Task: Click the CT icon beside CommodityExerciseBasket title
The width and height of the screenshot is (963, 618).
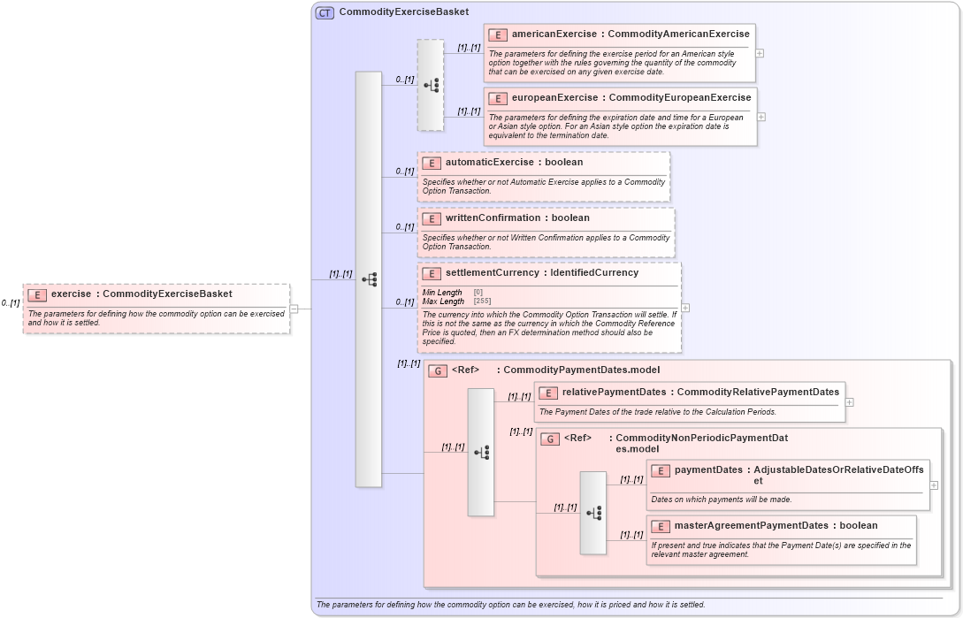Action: point(325,12)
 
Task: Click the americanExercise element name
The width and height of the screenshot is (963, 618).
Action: point(554,34)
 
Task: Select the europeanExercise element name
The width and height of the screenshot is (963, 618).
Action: point(554,98)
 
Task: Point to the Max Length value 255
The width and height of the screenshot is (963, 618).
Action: point(482,301)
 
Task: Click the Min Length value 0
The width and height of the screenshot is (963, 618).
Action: point(478,293)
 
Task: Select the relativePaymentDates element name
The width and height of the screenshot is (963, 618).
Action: point(615,392)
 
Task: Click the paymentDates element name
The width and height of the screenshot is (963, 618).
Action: point(708,470)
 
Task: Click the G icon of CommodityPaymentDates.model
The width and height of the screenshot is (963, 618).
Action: point(438,371)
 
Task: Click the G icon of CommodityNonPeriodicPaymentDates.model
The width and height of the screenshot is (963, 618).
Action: point(550,439)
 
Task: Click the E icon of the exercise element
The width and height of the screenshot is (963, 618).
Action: point(37,294)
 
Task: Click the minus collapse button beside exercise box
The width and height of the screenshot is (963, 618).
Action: point(294,309)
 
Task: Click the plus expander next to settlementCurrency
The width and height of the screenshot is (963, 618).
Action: point(685,308)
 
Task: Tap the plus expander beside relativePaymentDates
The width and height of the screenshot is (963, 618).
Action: point(850,401)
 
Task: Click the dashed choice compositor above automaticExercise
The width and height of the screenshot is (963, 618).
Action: point(431,85)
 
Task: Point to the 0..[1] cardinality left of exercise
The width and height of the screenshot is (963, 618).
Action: point(11,303)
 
